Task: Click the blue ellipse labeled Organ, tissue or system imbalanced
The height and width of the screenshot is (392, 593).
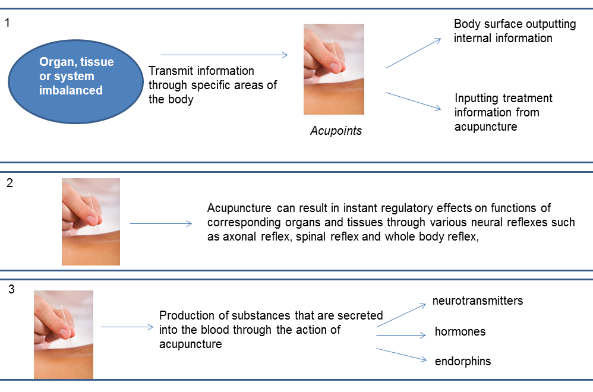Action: point(75,81)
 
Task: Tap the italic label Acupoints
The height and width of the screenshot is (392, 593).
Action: point(336,131)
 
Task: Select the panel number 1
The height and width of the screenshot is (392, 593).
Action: point(7,23)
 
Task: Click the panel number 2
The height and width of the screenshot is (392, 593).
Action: point(10,183)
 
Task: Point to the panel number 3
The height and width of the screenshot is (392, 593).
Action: point(11,289)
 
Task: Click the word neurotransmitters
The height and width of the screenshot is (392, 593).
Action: point(478,301)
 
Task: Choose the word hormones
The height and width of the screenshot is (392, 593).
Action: point(460,331)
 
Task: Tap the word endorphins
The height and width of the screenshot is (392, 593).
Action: point(463,361)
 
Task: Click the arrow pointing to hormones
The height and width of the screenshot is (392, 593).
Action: point(401,336)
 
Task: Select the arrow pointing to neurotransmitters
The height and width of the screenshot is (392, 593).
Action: point(401,315)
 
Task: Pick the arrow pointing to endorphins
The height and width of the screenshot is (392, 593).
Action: point(402,355)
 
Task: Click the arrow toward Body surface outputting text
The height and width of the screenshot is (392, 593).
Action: point(414,53)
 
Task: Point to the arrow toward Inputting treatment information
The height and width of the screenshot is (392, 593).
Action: point(414,102)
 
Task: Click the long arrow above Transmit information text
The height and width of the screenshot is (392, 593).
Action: point(224,55)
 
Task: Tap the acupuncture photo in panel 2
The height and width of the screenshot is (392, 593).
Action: point(91,222)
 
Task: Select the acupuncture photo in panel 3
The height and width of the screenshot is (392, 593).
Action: point(64,334)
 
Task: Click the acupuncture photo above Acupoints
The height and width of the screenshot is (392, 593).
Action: point(334,69)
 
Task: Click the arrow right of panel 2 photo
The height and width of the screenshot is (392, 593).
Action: point(161,224)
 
